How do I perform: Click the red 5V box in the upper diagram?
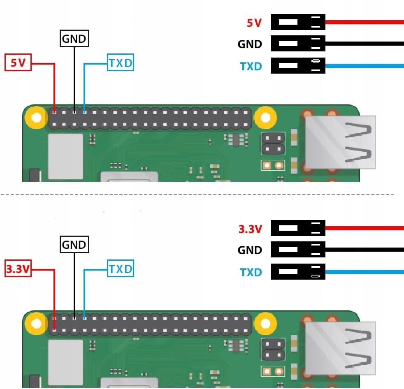[x=18, y=63]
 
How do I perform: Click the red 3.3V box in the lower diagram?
[x=18, y=269]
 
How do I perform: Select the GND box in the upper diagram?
[x=74, y=39]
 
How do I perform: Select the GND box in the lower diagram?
[x=74, y=245]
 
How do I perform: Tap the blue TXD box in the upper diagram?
[x=121, y=63]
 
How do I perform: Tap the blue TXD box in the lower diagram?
[x=121, y=269]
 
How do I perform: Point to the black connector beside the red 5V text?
[x=298, y=22]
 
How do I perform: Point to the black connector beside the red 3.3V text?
[x=298, y=228]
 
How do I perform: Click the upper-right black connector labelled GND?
[x=298, y=44]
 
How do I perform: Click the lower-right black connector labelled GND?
[x=298, y=250]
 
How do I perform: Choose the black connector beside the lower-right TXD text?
[x=298, y=272]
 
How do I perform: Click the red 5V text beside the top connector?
[x=254, y=23]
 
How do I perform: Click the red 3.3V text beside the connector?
[x=250, y=229]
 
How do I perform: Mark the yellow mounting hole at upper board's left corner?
[x=36, y=118]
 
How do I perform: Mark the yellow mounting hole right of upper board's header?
[x=265, y=118]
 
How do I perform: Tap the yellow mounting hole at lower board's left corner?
[x=36, y=324]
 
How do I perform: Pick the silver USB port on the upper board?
[x=340, y=142]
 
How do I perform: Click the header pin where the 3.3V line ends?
[x=54, y=329]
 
